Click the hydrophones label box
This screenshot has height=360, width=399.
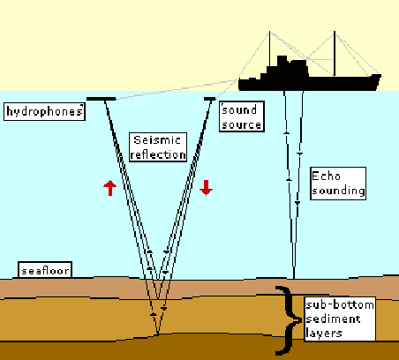44,111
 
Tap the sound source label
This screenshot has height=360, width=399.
242,116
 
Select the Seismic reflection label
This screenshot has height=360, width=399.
158,147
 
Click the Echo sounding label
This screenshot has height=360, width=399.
338,184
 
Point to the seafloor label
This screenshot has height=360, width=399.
45,270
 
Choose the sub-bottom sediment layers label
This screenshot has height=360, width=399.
340,319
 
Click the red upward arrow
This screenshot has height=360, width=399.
110,188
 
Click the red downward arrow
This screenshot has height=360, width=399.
206,188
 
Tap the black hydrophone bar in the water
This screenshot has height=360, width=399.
102,99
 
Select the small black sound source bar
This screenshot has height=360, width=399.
210,99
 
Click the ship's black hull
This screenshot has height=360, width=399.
309,83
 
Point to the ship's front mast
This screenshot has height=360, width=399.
335,53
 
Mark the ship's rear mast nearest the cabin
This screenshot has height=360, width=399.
269,49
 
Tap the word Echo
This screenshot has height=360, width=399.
326,176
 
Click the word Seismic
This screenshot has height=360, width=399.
157,140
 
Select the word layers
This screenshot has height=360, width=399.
324,334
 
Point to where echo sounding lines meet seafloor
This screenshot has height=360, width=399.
294,278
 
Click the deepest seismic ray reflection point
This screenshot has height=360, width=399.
158,334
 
